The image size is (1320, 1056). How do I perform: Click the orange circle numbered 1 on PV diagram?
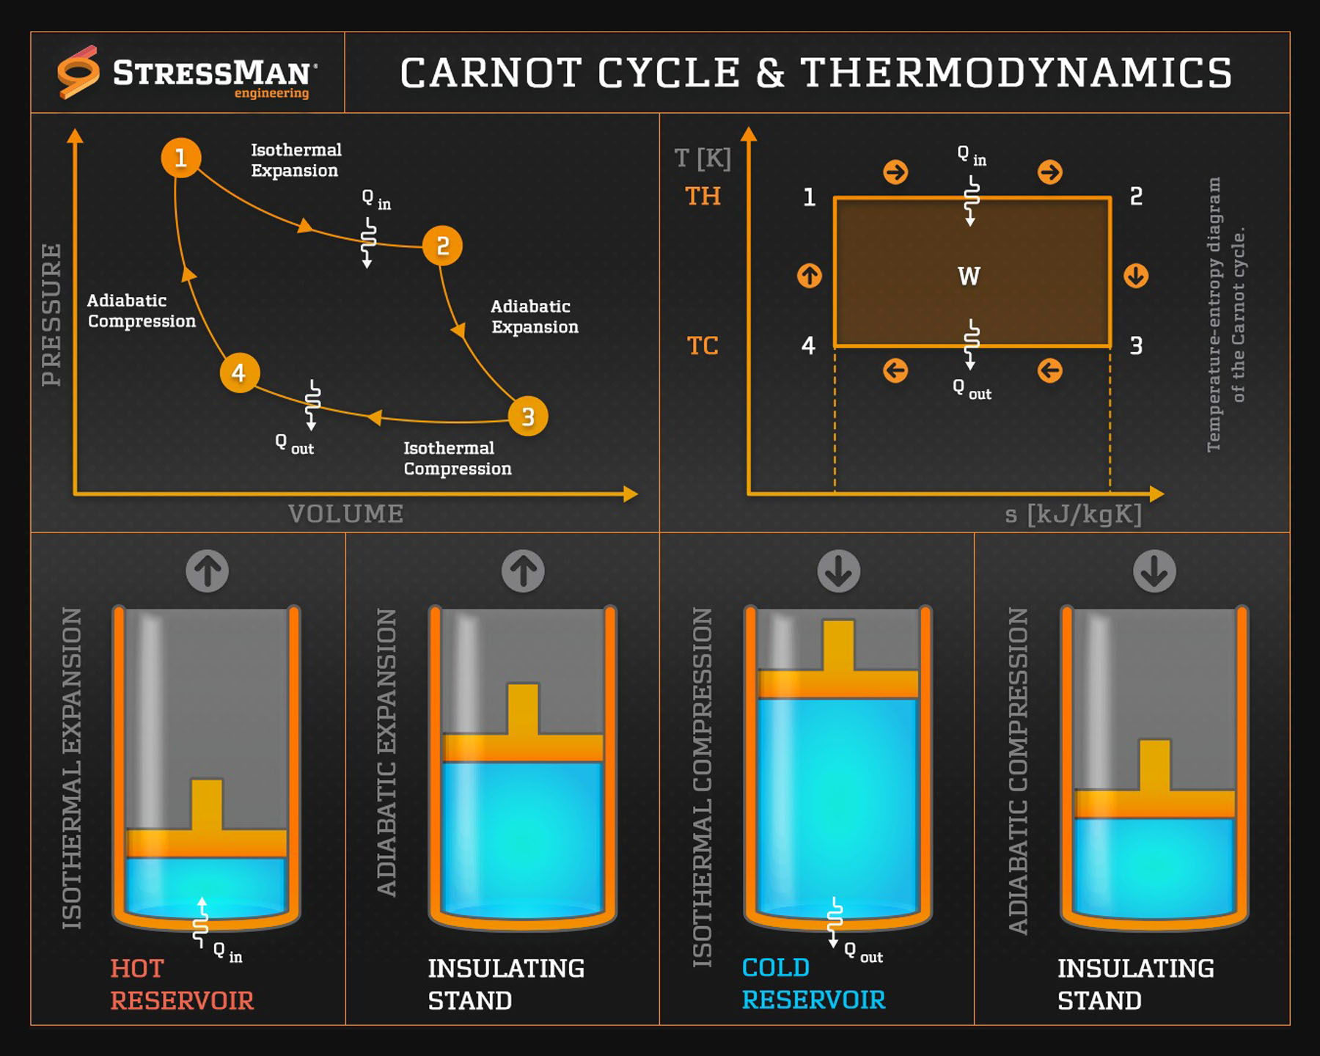[x=181, y=158]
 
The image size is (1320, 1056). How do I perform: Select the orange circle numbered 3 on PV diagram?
[x=528, y=417]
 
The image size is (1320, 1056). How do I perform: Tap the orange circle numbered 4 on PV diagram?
[x=239, y=373]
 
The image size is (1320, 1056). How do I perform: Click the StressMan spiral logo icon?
[x=78, y=72]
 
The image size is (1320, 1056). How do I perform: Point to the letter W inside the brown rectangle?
[x=969, y=276]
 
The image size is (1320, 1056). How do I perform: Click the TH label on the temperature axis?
[x=703, y=197]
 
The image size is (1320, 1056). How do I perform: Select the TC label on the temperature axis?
[x=702, y=345]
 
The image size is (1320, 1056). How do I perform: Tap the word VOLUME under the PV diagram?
[x=345, y=513]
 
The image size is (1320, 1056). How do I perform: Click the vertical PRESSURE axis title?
[x=51, y=315]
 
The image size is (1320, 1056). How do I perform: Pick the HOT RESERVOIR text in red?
[x=182, y=984]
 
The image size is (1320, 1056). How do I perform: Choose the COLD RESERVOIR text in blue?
[x=813, y=983]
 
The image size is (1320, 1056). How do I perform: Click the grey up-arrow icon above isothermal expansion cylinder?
[x=207, y=571]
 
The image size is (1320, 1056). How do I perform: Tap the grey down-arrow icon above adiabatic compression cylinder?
[x=1154, y=571]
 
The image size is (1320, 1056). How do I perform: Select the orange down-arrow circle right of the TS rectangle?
[x=1136, y=276]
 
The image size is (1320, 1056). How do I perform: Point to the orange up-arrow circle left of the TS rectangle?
[x=810, y=276]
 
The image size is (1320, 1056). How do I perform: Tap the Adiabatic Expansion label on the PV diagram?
[x=535, y=317]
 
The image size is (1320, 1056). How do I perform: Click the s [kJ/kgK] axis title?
[x=1073, y=514]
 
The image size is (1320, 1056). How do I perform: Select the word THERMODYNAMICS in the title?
[x=1016, y=73]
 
